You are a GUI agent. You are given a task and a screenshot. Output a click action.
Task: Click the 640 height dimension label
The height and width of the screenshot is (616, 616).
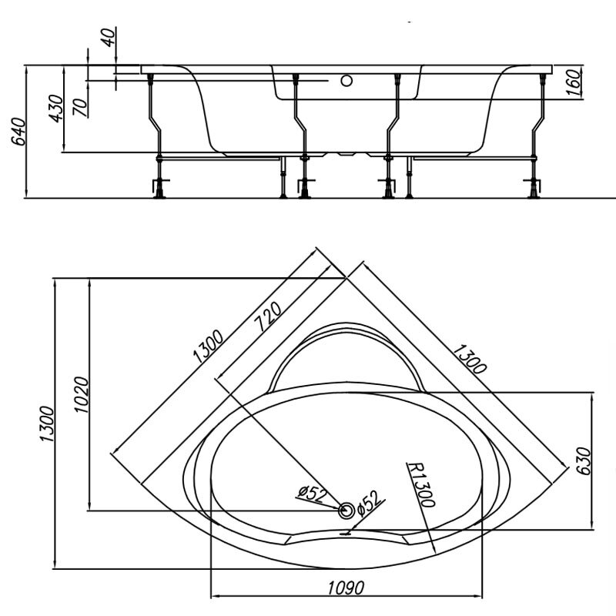click(x=20, y=132)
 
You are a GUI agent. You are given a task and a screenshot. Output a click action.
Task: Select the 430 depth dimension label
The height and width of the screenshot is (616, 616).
click(x=56, y=109)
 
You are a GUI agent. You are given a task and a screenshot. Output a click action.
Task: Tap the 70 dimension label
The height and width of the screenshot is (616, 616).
click(x=81, y=107)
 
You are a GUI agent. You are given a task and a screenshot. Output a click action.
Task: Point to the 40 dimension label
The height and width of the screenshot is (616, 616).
click(x=109, y=36)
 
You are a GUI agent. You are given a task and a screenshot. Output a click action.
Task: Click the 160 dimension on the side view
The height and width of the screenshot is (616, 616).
click(x=574, y=82)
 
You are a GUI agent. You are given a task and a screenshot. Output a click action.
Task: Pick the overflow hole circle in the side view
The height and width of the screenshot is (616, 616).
click(x=346, y=81)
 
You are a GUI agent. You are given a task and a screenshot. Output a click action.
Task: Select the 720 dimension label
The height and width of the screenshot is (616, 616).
click(x=269, y=316)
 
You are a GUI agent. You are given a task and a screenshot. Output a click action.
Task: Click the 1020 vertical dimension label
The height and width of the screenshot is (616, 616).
click(x=82, y=394)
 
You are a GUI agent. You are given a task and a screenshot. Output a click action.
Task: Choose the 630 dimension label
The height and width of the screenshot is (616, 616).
click(x=584, y=461)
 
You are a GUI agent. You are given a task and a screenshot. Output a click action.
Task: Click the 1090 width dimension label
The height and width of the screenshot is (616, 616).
click(x=346, y=588)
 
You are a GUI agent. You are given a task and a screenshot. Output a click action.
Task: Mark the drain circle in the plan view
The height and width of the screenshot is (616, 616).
click(x=346, y=511)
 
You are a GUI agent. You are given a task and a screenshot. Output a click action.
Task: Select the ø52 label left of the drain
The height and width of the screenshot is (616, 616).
click(x=313, y=494)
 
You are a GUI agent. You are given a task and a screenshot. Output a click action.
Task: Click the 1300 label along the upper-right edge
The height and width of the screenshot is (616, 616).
click(x=470, y=359)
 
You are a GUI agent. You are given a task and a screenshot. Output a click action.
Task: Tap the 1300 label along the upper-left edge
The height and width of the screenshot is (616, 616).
click(x=208, y=346)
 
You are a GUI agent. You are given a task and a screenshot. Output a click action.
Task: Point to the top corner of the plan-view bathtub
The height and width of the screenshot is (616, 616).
click(x=346, y=278)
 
